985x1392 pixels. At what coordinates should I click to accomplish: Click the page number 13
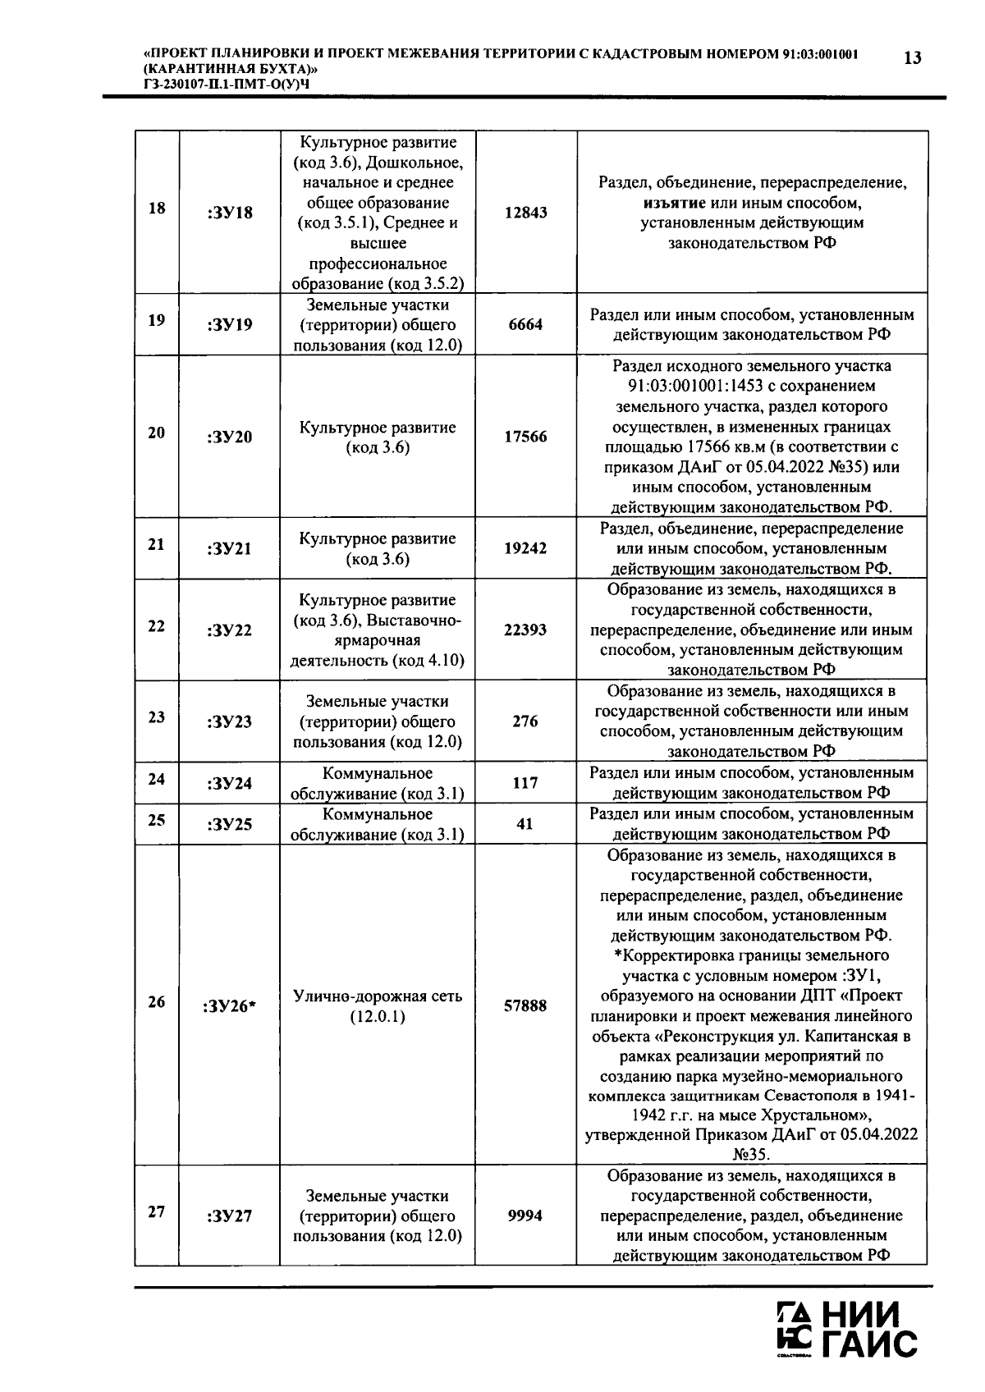coord(911,58)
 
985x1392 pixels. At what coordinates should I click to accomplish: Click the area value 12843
coord(525,213)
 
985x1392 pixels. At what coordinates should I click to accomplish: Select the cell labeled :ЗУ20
coord(230,437)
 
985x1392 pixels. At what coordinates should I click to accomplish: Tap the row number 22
coord(156,626)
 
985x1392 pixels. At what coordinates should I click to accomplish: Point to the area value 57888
coord(525,1005)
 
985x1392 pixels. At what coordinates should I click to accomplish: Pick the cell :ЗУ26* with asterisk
coord(229,1006)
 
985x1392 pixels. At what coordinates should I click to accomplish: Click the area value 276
coord(525,721)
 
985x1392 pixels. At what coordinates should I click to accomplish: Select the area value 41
coord(525,823)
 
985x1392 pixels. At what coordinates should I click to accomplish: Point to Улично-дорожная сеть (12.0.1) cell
coord(378,1006)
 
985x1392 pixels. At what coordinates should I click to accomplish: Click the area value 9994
coord(525,1216)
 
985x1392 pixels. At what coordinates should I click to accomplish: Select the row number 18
coord(156,208)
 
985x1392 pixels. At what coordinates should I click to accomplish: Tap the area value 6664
coord(525,325)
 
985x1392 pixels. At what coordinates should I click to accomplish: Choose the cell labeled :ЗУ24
coord(230,784)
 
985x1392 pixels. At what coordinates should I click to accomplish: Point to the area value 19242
coord(525,548)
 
